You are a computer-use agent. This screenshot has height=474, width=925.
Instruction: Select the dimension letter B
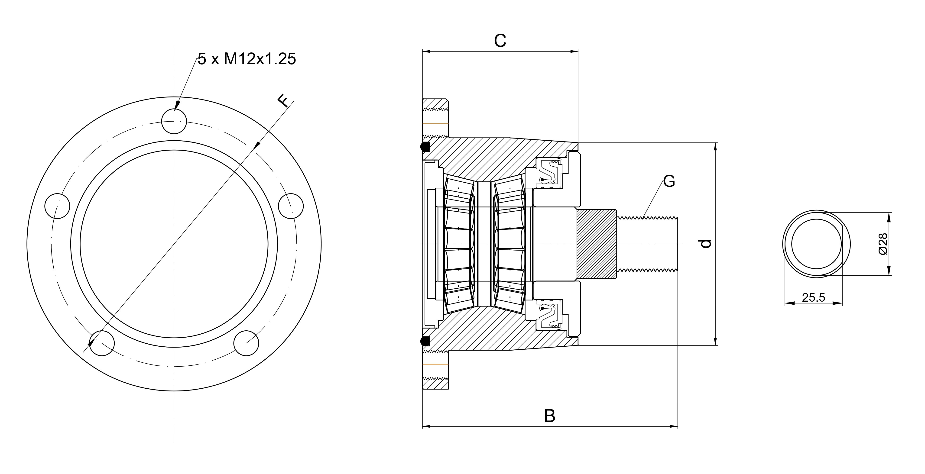pyautogui.click(x=549, y=416)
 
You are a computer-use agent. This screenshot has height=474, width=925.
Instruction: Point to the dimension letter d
pyautogui.click(x=706, y=244)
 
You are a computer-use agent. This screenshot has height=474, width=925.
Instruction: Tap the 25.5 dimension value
pyautogui.click(x=813, y=297)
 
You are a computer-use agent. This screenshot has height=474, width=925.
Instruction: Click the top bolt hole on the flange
pyautogui.click(x=174, y=121)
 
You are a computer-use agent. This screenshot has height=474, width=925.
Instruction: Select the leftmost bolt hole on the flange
pyautogui.click(x=57, y=206)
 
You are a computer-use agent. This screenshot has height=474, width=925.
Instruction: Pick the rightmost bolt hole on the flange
pyautogui.click(x=291, y=206)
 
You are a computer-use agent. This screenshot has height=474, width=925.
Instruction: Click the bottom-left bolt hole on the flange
pyautogui.click(x=102, y=343)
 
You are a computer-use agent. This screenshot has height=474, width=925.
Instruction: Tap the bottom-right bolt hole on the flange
pyautogui.click(x=246, y=343)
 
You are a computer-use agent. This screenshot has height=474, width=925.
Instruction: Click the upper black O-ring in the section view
pyautogui.click(x=425, y=147)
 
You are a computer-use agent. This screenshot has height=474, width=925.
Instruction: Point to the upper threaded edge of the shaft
pyautogui.click(x=646, y=217)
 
